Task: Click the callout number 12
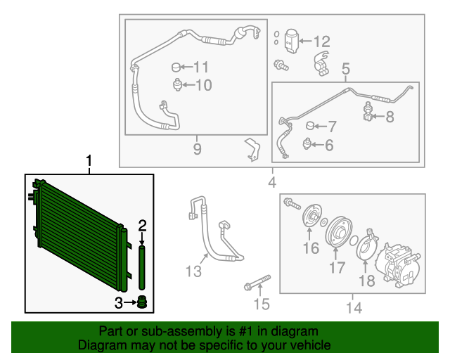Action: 322,42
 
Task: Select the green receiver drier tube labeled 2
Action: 142,267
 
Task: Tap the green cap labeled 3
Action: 142,302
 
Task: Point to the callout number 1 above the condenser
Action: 89,161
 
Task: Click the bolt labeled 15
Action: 257,282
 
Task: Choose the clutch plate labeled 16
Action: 311,216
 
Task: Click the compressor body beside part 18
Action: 399,264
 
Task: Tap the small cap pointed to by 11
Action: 176,67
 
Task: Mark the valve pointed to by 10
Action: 178,84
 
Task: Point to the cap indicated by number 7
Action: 310,126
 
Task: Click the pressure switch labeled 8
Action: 368,111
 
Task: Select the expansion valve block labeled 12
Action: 291,41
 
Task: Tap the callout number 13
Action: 193,271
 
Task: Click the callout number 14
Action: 354,308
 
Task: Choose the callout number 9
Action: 197,149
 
